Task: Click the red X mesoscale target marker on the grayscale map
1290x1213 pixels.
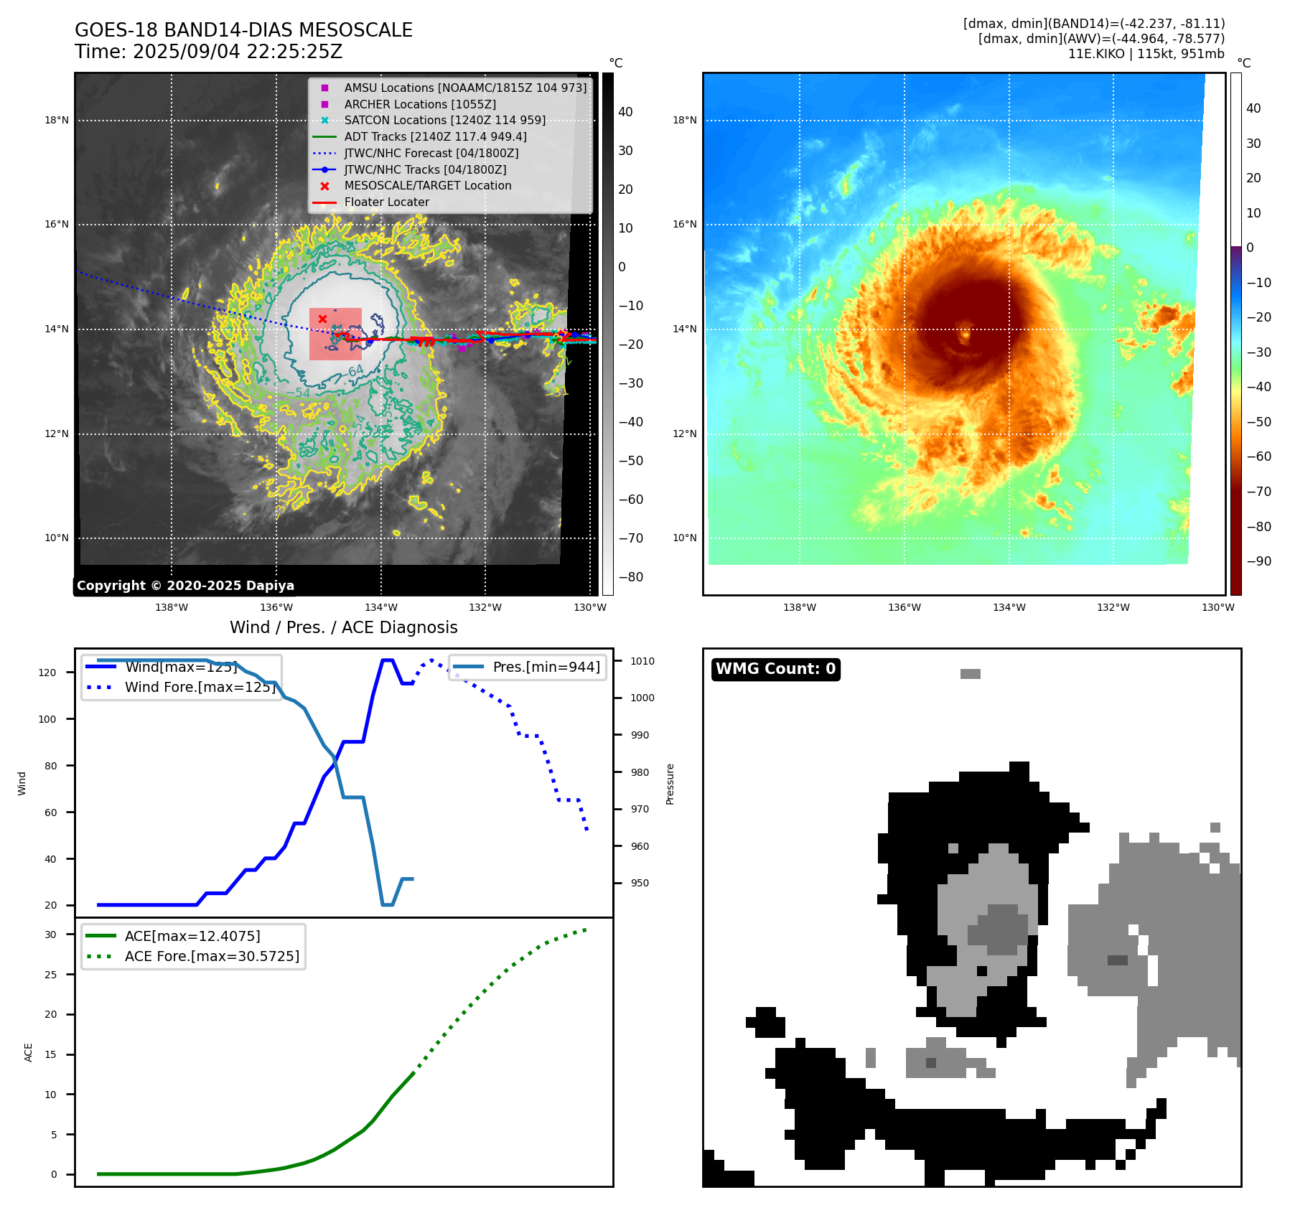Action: coord(322,319)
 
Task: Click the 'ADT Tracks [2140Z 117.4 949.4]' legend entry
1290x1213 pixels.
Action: coord(435,136)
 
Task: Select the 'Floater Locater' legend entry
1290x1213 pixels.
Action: coord(386,202)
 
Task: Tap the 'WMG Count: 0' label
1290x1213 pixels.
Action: coord(775,669)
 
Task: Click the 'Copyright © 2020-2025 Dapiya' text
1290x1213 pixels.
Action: coord(185,586)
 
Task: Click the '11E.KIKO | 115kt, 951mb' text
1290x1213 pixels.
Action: coord(1146,54)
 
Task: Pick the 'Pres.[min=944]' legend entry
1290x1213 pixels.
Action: coord(546,667)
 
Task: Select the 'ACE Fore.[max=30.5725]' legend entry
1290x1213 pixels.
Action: coord(212,956)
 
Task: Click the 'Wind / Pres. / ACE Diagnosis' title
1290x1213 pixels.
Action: coord(343,627)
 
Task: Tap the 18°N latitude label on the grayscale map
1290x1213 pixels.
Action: coord(57,120)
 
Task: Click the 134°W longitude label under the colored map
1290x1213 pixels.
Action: coord(1009,607)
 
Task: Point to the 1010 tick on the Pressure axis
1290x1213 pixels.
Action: coord(642,661)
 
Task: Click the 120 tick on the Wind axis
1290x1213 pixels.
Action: coord(47,673)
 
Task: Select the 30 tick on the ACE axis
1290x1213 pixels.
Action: coord(50,935)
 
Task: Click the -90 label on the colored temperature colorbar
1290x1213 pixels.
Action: coord(1258,561)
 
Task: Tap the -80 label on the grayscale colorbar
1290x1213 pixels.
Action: coord(631,577)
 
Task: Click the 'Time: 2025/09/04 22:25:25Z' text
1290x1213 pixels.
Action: coord(208,52)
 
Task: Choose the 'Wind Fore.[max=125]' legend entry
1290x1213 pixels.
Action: coord(200,687)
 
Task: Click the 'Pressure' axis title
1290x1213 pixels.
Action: coord(670,784)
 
